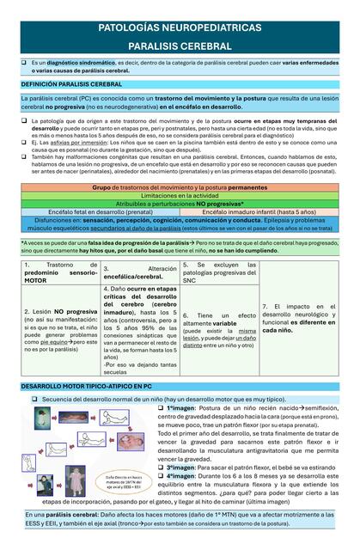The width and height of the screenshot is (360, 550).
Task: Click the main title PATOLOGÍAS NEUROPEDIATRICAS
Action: click(x=180, y=27)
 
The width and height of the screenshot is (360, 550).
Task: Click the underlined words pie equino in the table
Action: click(x=52, y=342)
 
